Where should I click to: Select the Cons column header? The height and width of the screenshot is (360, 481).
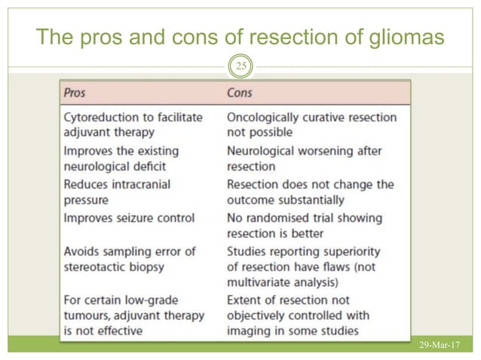click(x=240, y=93)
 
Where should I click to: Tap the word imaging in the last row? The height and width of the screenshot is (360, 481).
click(x=251, y=331)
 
